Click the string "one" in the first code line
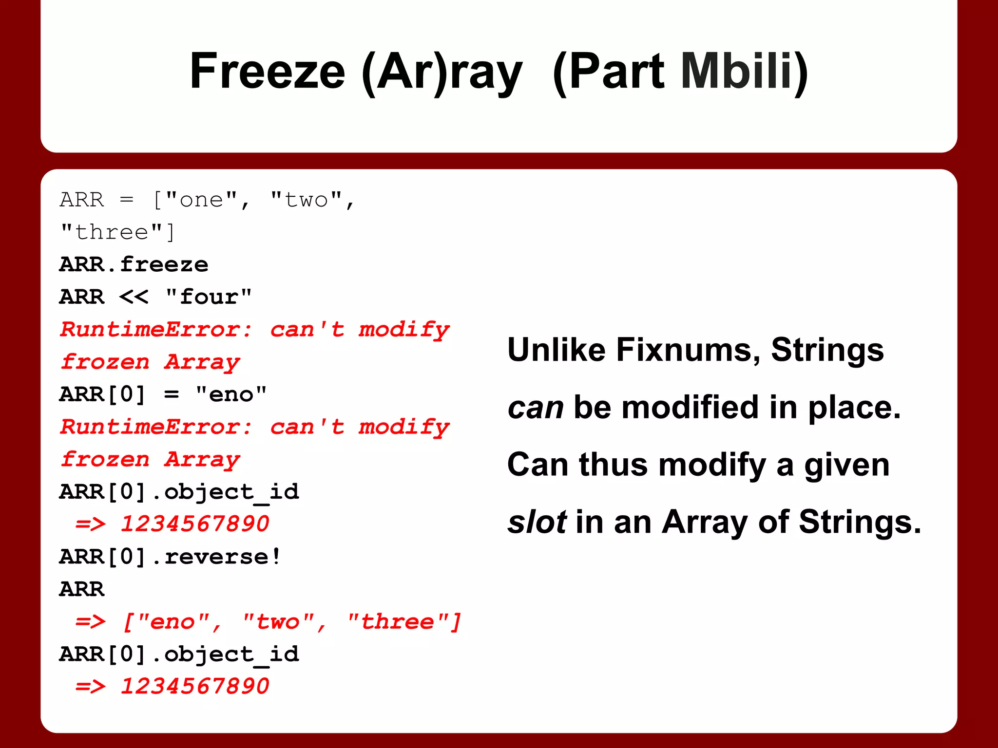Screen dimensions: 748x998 [x=201, y=200]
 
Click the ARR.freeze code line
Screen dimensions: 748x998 [x=134, y=265]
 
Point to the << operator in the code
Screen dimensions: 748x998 [x=134, y=297]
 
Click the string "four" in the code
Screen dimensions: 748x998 [x=209, y=297]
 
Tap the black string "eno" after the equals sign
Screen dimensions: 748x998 [x=231, y=394]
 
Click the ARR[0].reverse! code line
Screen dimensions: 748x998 [x=170, y=557]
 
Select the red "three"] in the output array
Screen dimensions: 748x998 [x=404, y=622]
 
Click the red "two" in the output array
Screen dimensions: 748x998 [x=278, y=622]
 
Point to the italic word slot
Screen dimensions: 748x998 [x=537, y=522]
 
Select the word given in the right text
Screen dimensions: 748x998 [x=846, y=465]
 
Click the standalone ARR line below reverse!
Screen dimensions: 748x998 [x=82, y=589]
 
